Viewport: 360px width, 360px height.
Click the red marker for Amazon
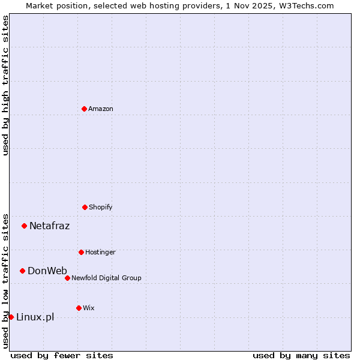[84, 109]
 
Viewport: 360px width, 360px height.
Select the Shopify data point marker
[85, 207]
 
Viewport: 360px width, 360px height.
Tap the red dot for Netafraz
[24, 226]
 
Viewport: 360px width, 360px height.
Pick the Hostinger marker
[81, 252]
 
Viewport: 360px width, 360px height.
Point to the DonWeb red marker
[22, 271]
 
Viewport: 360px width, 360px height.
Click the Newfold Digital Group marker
[67, 278]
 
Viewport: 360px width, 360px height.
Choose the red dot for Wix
[79, 308]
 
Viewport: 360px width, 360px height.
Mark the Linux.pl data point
[11, 317]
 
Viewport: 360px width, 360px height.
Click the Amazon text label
[101, 109]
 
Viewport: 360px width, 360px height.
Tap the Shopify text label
[101, 207]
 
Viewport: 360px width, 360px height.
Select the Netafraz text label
[49, 226]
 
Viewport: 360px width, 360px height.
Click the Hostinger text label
[100, 252]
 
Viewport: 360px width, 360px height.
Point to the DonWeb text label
[47, 271]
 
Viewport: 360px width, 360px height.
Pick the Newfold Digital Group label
[106, 278]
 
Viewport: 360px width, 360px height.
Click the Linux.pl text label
[35, 317]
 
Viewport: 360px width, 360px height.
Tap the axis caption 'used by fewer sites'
[62, 355]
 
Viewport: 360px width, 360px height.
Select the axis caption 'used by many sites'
[301, 355]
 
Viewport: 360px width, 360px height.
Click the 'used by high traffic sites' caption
[5, 85]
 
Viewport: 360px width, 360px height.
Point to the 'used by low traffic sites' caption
[5, 280]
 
